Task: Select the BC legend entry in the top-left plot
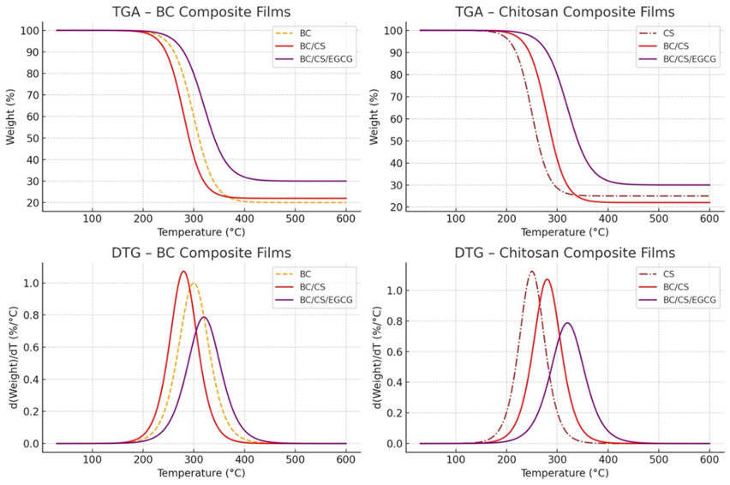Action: [x=306, y=33]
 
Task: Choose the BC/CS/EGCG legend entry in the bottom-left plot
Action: [x=323, y=299]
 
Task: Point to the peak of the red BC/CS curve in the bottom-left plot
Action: [x=183, y=272]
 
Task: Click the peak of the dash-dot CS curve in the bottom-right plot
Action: [x=532, y=272]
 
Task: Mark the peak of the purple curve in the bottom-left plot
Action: [x=204, y=317]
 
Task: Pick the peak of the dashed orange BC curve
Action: [x=194, y=283]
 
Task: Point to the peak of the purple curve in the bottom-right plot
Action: [x=567, y=323]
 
